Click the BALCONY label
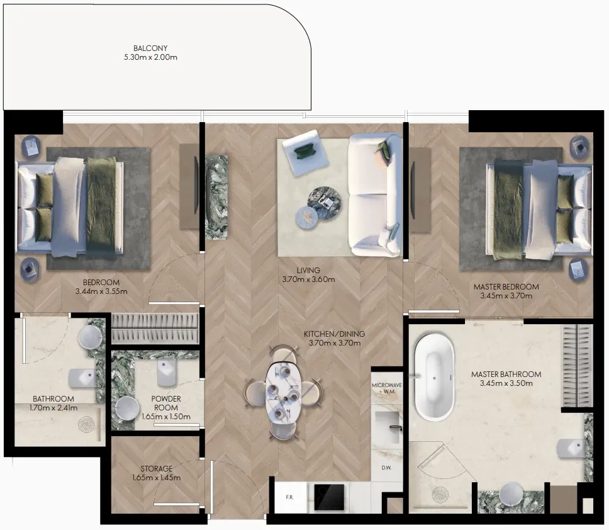150,48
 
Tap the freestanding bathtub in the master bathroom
434,378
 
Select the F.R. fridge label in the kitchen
290,497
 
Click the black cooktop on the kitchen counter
329,497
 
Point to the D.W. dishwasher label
386,468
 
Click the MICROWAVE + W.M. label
386,388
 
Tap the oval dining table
282,393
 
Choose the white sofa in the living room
374,195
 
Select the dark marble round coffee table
325,202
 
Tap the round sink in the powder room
128,409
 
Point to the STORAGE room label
157,468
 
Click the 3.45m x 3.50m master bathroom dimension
506,383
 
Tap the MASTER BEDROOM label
506,287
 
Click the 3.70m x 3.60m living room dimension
308,279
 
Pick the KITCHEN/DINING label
335,334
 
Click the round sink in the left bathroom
90,337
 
